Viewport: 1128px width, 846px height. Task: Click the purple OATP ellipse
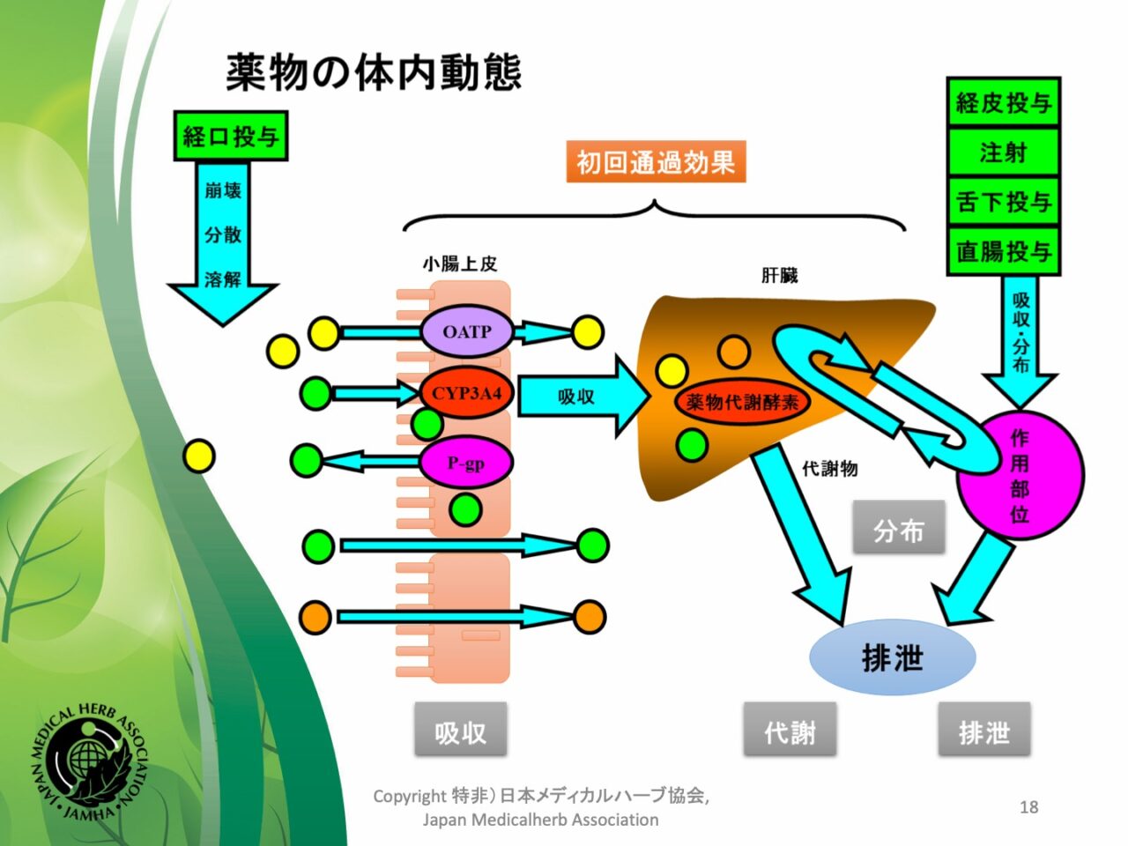click(x=466, y=331)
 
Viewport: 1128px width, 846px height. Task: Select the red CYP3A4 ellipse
click(x=466, y=393)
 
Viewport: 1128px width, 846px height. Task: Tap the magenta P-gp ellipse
click(x=465, y=463)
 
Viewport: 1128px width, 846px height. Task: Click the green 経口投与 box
click(x=231, y=136)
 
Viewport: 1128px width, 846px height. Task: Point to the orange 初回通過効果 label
click(x=656, y=161)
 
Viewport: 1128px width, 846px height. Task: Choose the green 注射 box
click(x=1003, y=152)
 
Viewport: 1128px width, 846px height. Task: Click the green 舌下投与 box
click(x=1003, y=201)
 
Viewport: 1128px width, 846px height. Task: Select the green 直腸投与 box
click(x=1003, y=250)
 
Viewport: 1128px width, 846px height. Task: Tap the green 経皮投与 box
click(x=1003, y=103)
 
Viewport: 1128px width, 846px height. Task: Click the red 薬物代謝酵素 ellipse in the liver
click(x=742, y=402)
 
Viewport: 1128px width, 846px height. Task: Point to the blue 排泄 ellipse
click(x=892, y=657)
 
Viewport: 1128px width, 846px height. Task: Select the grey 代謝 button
click(x=790, y=730)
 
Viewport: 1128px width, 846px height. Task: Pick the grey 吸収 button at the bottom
click(x=460, y=730)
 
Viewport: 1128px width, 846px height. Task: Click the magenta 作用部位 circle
click(x=1020, y=475)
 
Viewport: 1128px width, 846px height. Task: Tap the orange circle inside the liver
click(x=734, y=352)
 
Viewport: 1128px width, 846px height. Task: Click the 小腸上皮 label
click(x=460, y=264)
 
